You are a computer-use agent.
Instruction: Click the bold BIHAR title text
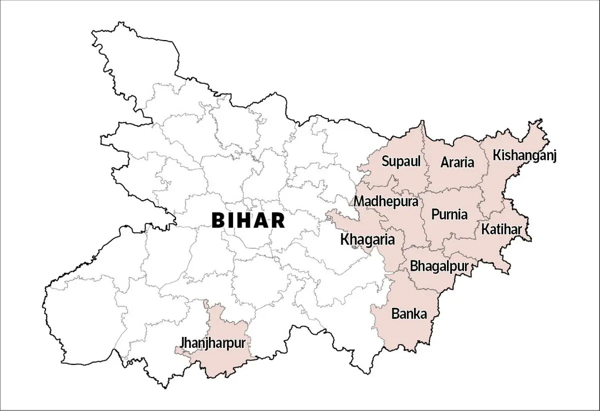tap(248, 220)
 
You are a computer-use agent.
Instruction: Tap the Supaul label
tap(400, 161)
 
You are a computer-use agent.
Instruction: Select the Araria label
tap(457, 162)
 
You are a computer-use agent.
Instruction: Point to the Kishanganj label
tap(524, 155)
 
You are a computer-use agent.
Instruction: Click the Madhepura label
tap(386, 201)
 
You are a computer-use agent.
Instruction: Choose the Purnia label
tap(449, 214)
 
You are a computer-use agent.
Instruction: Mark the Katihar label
tap(501, 229)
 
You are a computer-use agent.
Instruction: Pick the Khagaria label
tap(367, 239)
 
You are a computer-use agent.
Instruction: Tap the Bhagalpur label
tap(439, 266)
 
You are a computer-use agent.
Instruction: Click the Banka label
tap(409, 314)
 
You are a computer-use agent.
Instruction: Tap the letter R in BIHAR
tap(278, 220)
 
